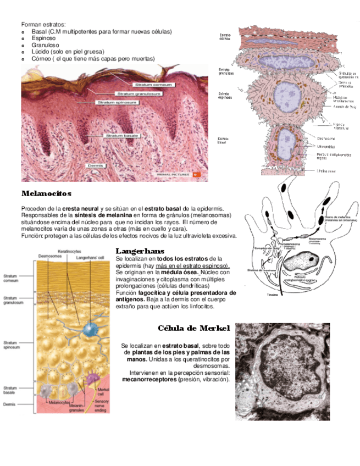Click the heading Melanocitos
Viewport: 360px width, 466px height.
(x=46, y=194)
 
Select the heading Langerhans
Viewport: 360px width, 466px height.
(x=140, y=251)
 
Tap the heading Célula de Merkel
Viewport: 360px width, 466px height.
(x=193, y=329)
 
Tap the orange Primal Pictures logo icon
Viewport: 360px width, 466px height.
(x=198, y=175)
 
